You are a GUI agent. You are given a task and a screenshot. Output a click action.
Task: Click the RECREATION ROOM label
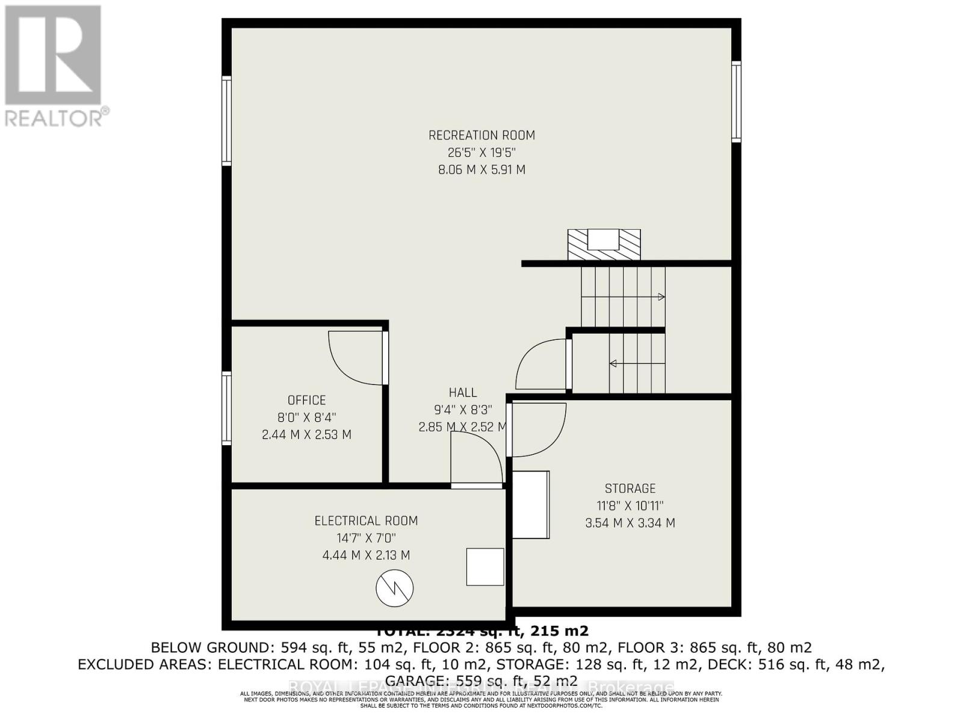pyautogui.click(x=482, y=135)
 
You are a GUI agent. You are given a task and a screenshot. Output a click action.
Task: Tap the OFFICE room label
pyautogui.click(x=306, y=400)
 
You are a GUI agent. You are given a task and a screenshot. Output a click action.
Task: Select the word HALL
pyautogui.click(x=463, y=392)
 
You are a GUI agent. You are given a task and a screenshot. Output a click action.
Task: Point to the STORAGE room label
pyautogui.click(x=630, y=489)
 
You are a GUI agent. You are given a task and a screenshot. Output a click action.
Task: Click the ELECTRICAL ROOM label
pyautogui.click(x=366, y=521)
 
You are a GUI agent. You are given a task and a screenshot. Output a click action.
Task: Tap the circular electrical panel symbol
pyautogui.click(x=395, y=588)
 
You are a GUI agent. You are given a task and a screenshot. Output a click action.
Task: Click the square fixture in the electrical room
pyautogui.click(x=485, y=567)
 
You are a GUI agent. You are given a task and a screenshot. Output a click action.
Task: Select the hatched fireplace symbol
pyautogui.click(x=604, y=245)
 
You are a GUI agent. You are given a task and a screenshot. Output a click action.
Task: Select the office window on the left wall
pyautogui.click(x=227, y=408)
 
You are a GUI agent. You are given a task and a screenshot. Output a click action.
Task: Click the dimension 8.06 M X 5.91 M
pyautogui.click(x=482, y=170)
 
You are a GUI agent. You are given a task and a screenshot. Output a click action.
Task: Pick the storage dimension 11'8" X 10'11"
pyautogui.click(x=630, y=506)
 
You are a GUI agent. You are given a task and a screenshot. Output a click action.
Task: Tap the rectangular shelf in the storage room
pyautogui.click(x=531, y=504)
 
